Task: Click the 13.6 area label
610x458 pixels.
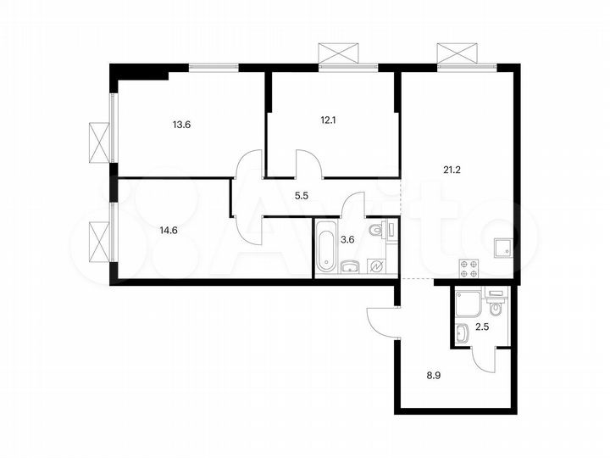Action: click(181, 125)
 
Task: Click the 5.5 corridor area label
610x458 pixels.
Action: click(301, 195)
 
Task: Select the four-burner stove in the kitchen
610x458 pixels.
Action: click(469, 268)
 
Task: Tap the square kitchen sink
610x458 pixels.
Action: click(502, 248)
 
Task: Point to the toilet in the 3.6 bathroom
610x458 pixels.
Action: click(380, 229)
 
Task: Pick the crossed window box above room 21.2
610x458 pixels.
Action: click(458, 53)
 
